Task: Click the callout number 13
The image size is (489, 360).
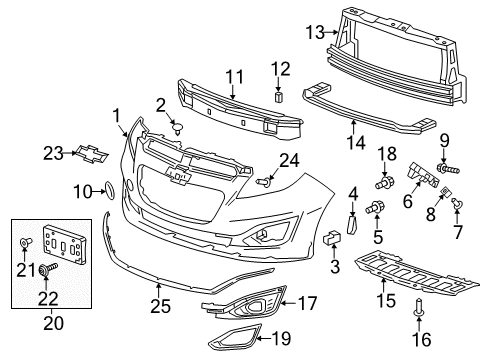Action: click(314, 33)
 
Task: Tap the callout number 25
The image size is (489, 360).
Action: click(158, 302)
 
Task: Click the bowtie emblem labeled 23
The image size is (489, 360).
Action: click(93, 153)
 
